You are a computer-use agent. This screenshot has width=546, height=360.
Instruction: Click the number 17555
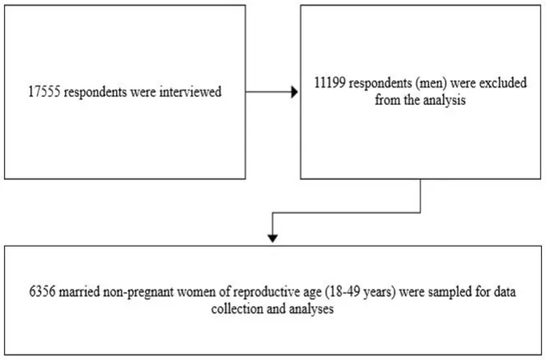(44, 92)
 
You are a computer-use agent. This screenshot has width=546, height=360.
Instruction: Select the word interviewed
(191, 92)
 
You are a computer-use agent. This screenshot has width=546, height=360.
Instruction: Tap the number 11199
(330, 83)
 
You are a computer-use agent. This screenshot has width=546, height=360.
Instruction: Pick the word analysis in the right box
(444, 101)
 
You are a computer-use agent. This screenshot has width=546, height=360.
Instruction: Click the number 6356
(42, 292)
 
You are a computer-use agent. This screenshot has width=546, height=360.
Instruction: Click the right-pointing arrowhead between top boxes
(295, 92)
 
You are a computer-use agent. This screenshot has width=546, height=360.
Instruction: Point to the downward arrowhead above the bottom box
(273, 238)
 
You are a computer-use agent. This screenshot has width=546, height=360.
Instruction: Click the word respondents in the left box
(95, 93)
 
